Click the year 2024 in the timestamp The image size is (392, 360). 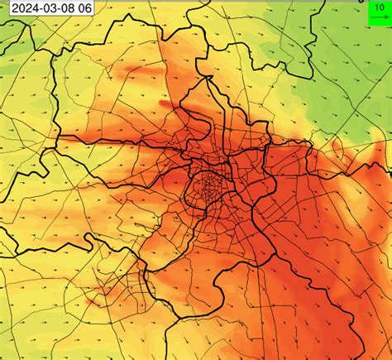coord(24,7)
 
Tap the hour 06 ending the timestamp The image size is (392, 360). coord(85,7)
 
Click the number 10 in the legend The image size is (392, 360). coord(377,6)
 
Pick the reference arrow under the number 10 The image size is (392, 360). coord(377,15)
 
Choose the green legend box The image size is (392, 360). coord(378,11)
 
